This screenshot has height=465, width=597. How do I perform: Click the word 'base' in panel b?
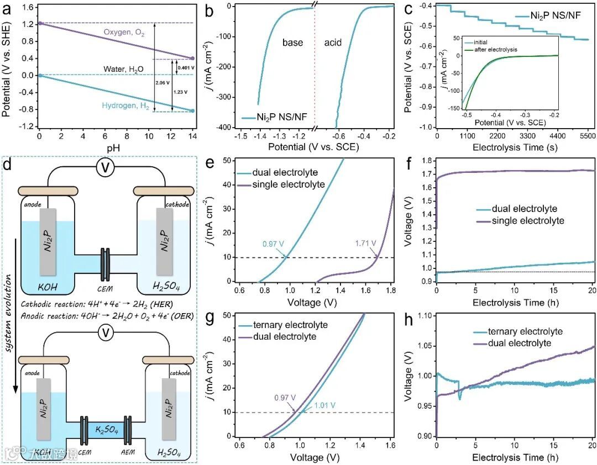(292, 43)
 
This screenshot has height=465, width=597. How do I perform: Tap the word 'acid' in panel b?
(333, 43)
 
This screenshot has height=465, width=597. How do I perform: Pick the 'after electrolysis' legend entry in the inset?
(494, 50)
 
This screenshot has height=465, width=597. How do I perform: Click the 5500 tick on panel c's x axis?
(587, 136)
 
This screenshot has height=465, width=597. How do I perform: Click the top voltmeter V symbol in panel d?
(106, 170)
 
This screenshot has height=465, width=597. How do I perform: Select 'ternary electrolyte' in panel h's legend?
(518, 331)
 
